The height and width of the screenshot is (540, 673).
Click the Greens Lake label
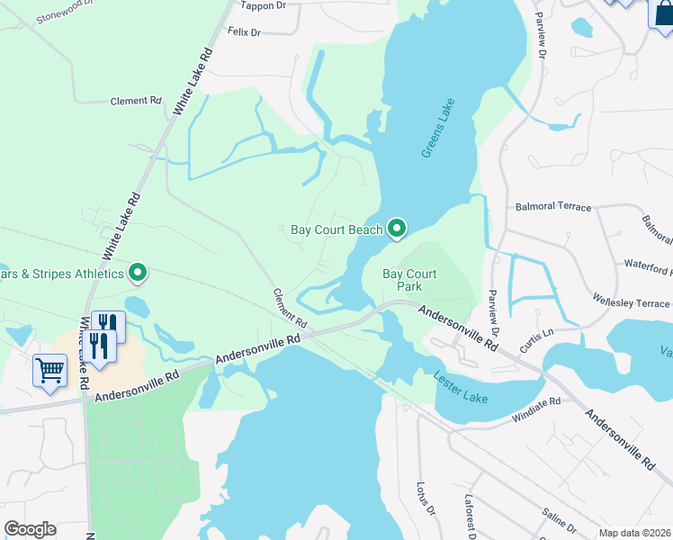coord(438,129)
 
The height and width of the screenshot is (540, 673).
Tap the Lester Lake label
coord(461,387)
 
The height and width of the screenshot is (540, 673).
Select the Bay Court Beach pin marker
coord(397,229)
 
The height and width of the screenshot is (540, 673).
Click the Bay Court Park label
coord(409,280)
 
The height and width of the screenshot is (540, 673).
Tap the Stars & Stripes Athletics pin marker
coord(138,272)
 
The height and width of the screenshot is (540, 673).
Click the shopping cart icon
coord(50,371)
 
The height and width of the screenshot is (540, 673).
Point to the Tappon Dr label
coord(264,4)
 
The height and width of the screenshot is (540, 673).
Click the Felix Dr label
coord(244,32)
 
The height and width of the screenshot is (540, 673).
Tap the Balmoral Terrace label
coord(554,207)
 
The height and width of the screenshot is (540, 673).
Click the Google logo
coord(30,529)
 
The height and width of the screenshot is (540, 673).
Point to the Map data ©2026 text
coord(635,533)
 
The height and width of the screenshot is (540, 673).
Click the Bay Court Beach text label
coord(336,230)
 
